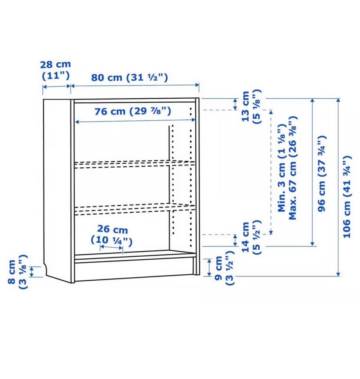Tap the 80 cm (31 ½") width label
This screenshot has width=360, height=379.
coord(129,77)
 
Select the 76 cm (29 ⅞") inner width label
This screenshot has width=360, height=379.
coord(133,111)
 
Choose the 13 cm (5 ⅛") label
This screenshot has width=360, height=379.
coord(251,107)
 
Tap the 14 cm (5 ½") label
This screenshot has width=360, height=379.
coord(251,237)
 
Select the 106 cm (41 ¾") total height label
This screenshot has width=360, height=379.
coord(346,197)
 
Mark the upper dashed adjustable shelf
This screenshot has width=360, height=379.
coord(135,164)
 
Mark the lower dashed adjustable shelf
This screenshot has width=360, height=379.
coord(135,209)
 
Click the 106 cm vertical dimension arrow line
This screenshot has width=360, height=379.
coord(338,187)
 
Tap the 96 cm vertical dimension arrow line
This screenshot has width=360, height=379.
coord(313,172)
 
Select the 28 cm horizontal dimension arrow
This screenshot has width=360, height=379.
coord(57,86)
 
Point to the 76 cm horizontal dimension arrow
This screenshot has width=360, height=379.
coord(135,121)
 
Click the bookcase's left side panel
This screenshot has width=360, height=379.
coord(58,188)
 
